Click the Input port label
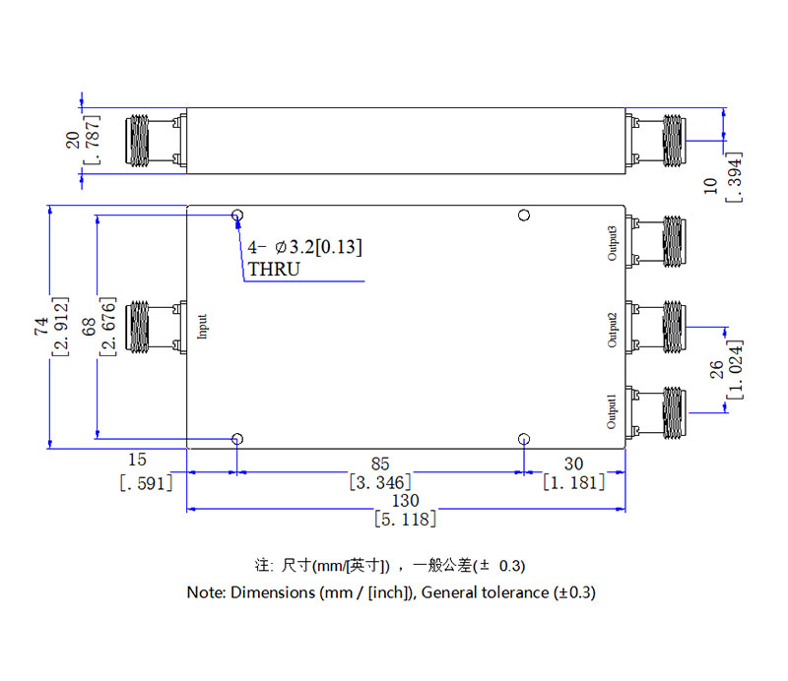click(203, 327)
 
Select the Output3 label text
click(612, 243)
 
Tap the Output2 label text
click(612, 330)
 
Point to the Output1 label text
click(612, 411)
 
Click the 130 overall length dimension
click(405, 500)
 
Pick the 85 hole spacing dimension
click(380, 463)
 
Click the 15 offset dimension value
click(137, 460)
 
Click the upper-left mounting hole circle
click(237, 216)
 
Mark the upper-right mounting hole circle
click(524, 216)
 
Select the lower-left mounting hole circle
click(237, 439)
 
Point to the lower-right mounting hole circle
click(524, 439)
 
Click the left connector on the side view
click(154, 142)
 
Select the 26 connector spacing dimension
click(716, 368)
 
